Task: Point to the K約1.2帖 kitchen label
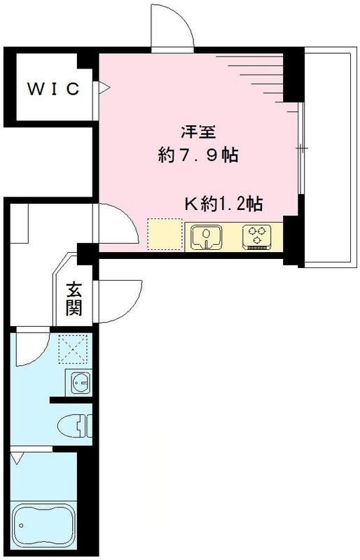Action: [223, 204]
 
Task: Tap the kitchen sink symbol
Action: [206, 236]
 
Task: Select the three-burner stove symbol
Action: [258, 236]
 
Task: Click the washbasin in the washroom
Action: [78, 384]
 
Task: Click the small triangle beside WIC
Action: [104, 88]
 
